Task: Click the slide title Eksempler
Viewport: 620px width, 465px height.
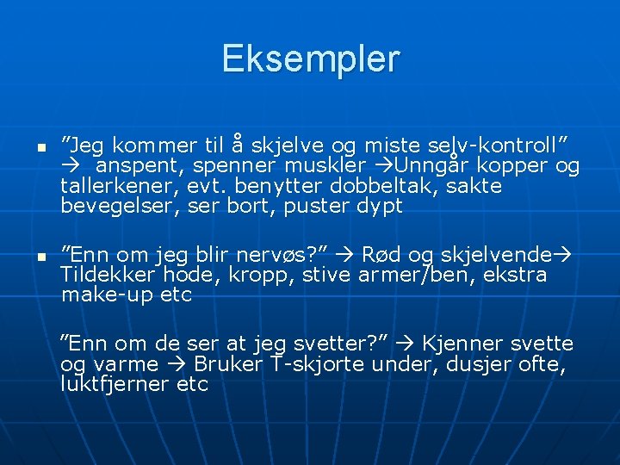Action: point(310,59)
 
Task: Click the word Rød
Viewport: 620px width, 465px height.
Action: point(379,254)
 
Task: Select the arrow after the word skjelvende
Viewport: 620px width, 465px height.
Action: point(566,254)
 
